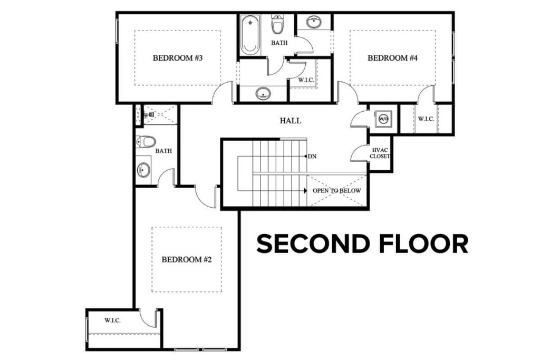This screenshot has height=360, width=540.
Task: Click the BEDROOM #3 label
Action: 178,58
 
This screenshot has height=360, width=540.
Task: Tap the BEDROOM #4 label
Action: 392,58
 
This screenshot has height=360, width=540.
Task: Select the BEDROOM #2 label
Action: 186,259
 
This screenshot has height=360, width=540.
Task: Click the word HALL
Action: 291,121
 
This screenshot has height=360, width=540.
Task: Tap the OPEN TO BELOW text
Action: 336,190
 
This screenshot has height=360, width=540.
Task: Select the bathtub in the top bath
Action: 250,35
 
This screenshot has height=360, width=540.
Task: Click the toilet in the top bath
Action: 278,24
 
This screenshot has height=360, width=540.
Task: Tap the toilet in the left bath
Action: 146,142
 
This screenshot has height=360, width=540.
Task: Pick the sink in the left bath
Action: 143,170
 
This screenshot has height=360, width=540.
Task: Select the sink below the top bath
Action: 263,94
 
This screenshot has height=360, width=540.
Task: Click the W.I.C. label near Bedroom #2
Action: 112,320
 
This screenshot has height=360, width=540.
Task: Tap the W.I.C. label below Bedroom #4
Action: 426,119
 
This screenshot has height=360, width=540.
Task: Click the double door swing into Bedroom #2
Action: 207,196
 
